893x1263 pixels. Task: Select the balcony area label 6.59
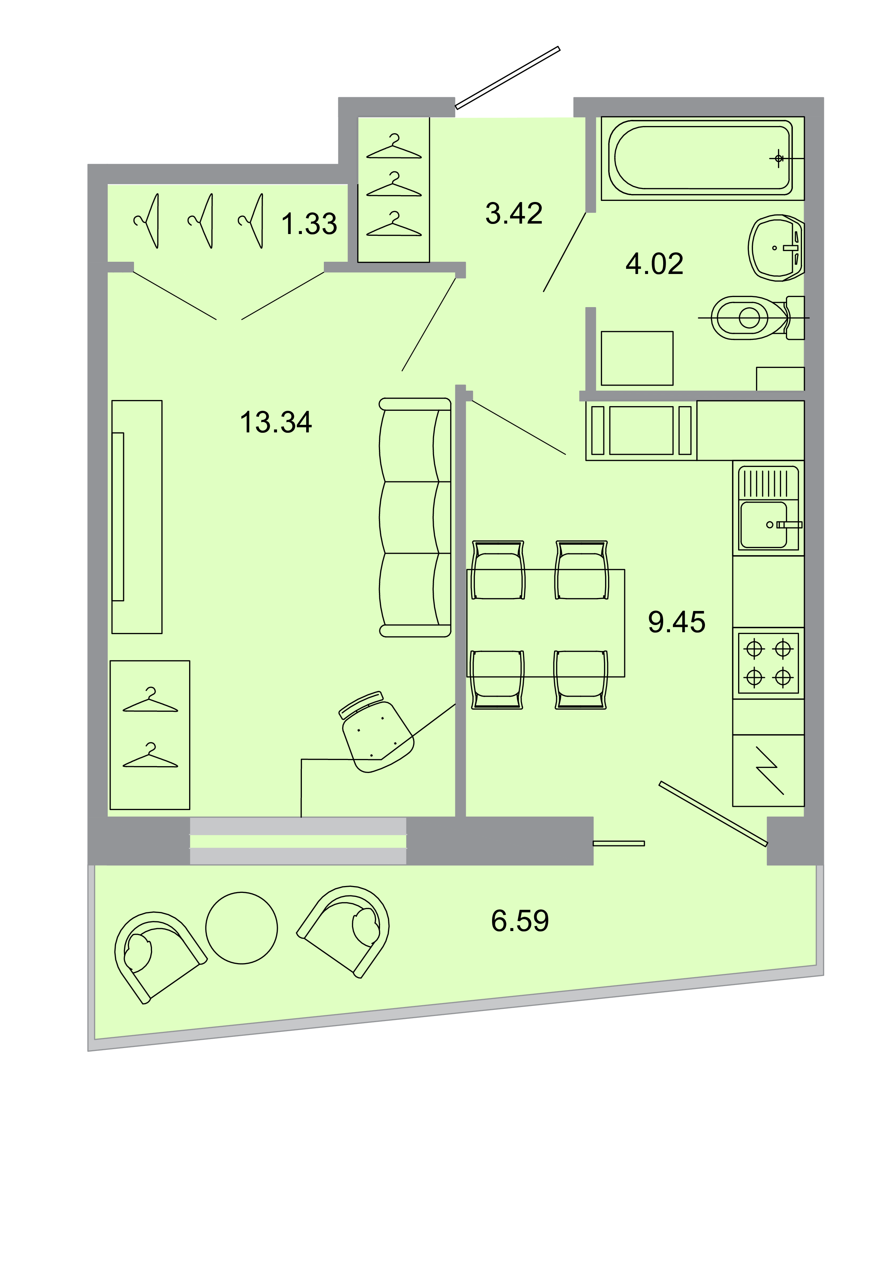point(519,921)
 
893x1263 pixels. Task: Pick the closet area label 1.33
point(309,224)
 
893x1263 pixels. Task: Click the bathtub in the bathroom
point(701,158)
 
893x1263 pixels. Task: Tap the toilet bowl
point(748,318)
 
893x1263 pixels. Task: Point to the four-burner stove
point(768,663)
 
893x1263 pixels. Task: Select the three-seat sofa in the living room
point(415,517)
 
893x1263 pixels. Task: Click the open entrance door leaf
point(507,77)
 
